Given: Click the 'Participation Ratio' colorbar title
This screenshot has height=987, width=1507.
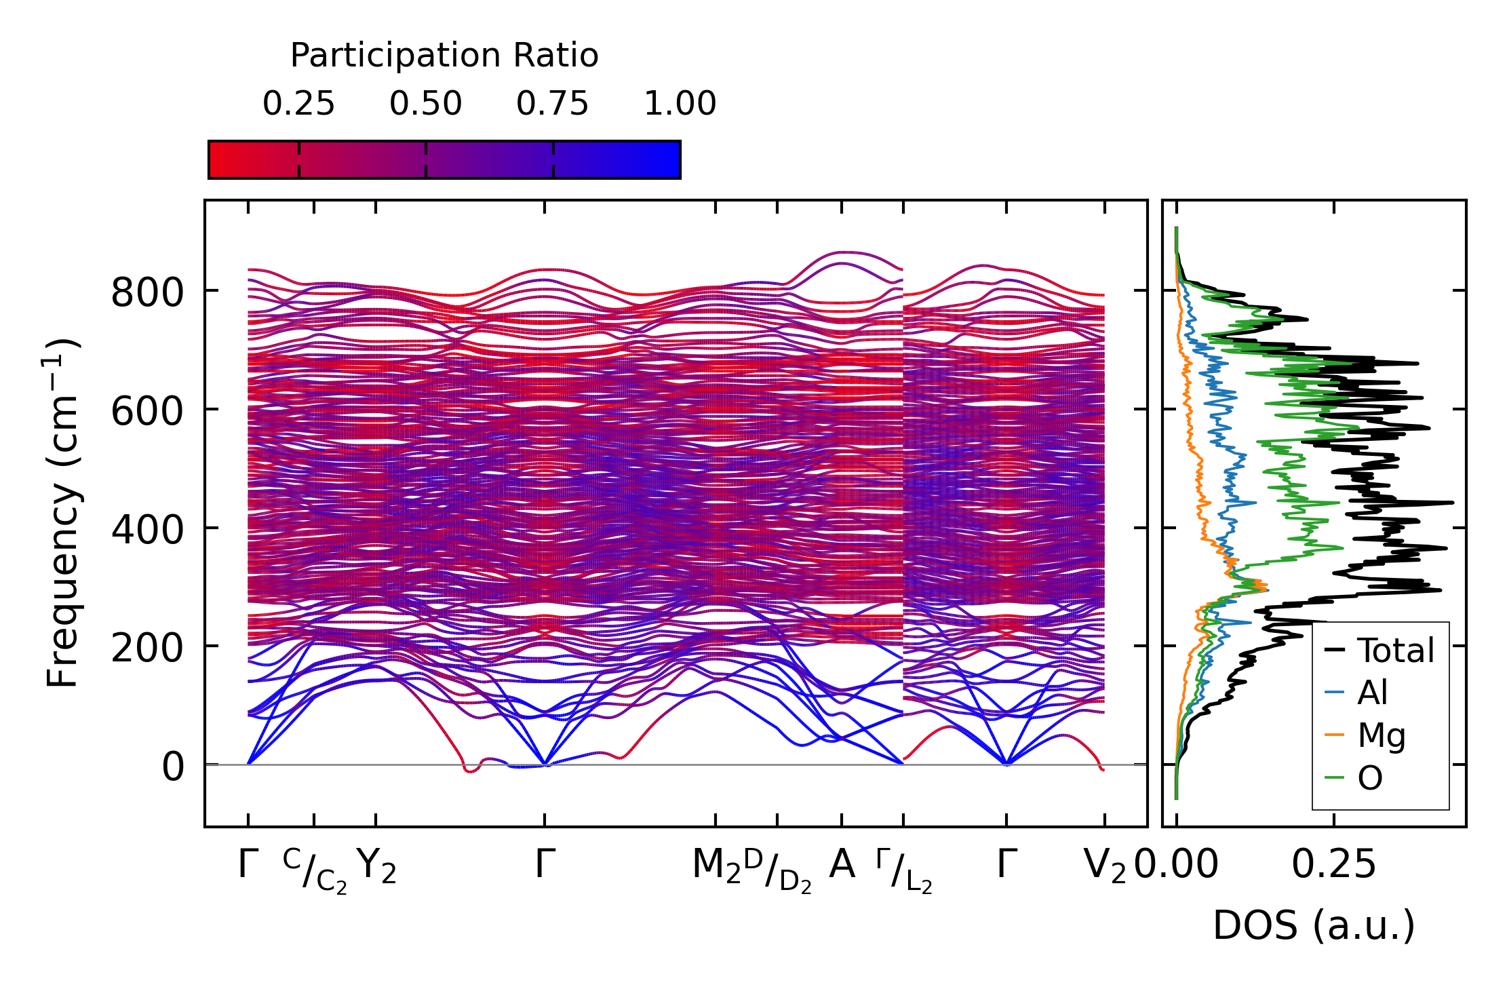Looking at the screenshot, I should coord(444,56).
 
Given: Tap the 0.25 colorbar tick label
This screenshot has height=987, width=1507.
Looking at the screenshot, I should coord(298,104).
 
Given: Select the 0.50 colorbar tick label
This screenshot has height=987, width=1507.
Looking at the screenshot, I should coord(425,104).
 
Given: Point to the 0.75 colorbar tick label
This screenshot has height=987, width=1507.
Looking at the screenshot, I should coord(552,104).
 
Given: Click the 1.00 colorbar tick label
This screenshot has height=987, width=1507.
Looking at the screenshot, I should coord(680,104).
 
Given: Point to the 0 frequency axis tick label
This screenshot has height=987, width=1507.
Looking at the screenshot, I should coord(173,767).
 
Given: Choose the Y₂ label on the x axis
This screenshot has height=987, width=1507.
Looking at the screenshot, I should coord(376,866).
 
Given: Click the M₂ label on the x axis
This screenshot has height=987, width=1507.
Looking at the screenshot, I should coord(716,866).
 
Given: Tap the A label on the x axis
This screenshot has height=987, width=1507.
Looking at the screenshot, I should coord(842,865).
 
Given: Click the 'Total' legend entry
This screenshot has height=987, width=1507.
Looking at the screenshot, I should coord(1395,651).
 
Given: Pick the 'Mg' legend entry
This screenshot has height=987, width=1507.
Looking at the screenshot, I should coord(1381,735).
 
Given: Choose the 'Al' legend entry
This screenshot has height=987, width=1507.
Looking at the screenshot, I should coord(1372,693).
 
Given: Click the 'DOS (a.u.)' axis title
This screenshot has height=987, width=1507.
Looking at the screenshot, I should coord(1314,926).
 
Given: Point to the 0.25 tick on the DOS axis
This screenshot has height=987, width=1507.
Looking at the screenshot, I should coord(1333,865).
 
